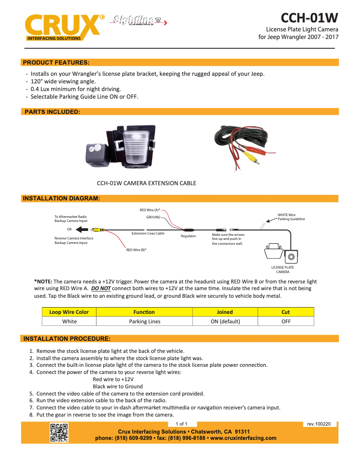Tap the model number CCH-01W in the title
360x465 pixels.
309,17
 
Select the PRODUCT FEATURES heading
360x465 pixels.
56,62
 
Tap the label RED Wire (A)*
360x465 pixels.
150,210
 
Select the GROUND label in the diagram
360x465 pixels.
153,217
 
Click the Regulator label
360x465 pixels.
188,236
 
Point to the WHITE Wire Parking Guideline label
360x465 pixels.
291,217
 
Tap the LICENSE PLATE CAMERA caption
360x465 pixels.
282,269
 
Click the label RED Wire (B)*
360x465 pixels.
136,250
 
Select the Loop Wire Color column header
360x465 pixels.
69,312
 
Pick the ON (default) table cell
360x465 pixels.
225,321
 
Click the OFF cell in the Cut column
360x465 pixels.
285,321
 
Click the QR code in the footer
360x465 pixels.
59,433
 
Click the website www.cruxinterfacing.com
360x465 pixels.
243,438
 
